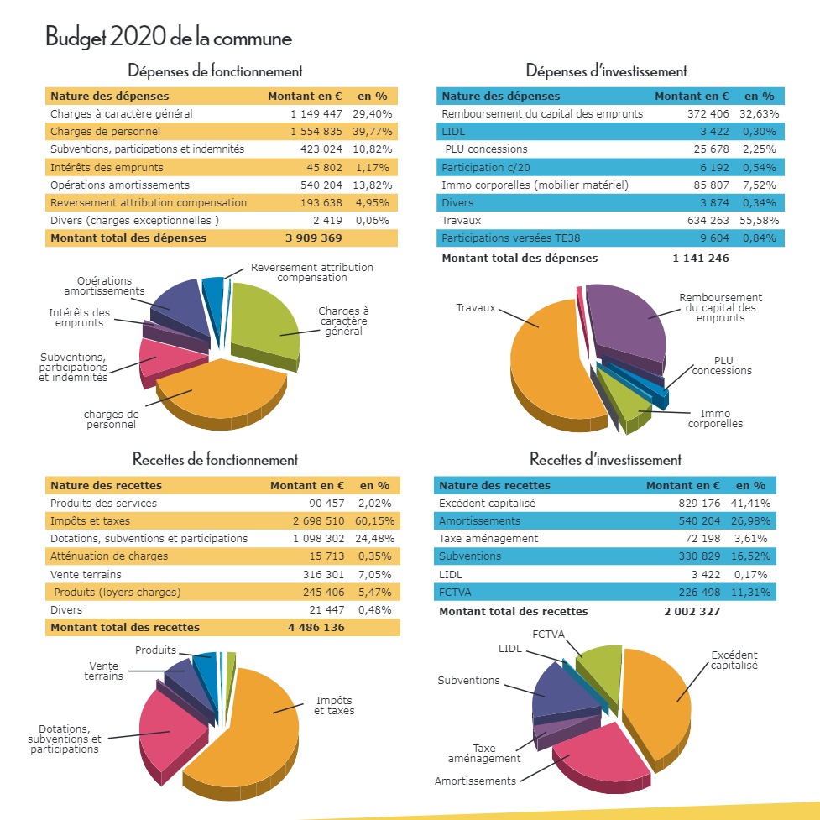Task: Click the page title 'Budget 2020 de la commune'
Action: pos(169,38)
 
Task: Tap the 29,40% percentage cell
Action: pos(372,113)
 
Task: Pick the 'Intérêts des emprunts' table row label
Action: pos(96,167)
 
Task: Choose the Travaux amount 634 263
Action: pos(702,220)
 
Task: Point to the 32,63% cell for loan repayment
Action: pos(759,113)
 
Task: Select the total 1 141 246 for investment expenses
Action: pos(701,258)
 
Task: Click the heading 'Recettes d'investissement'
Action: pos(605,460)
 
